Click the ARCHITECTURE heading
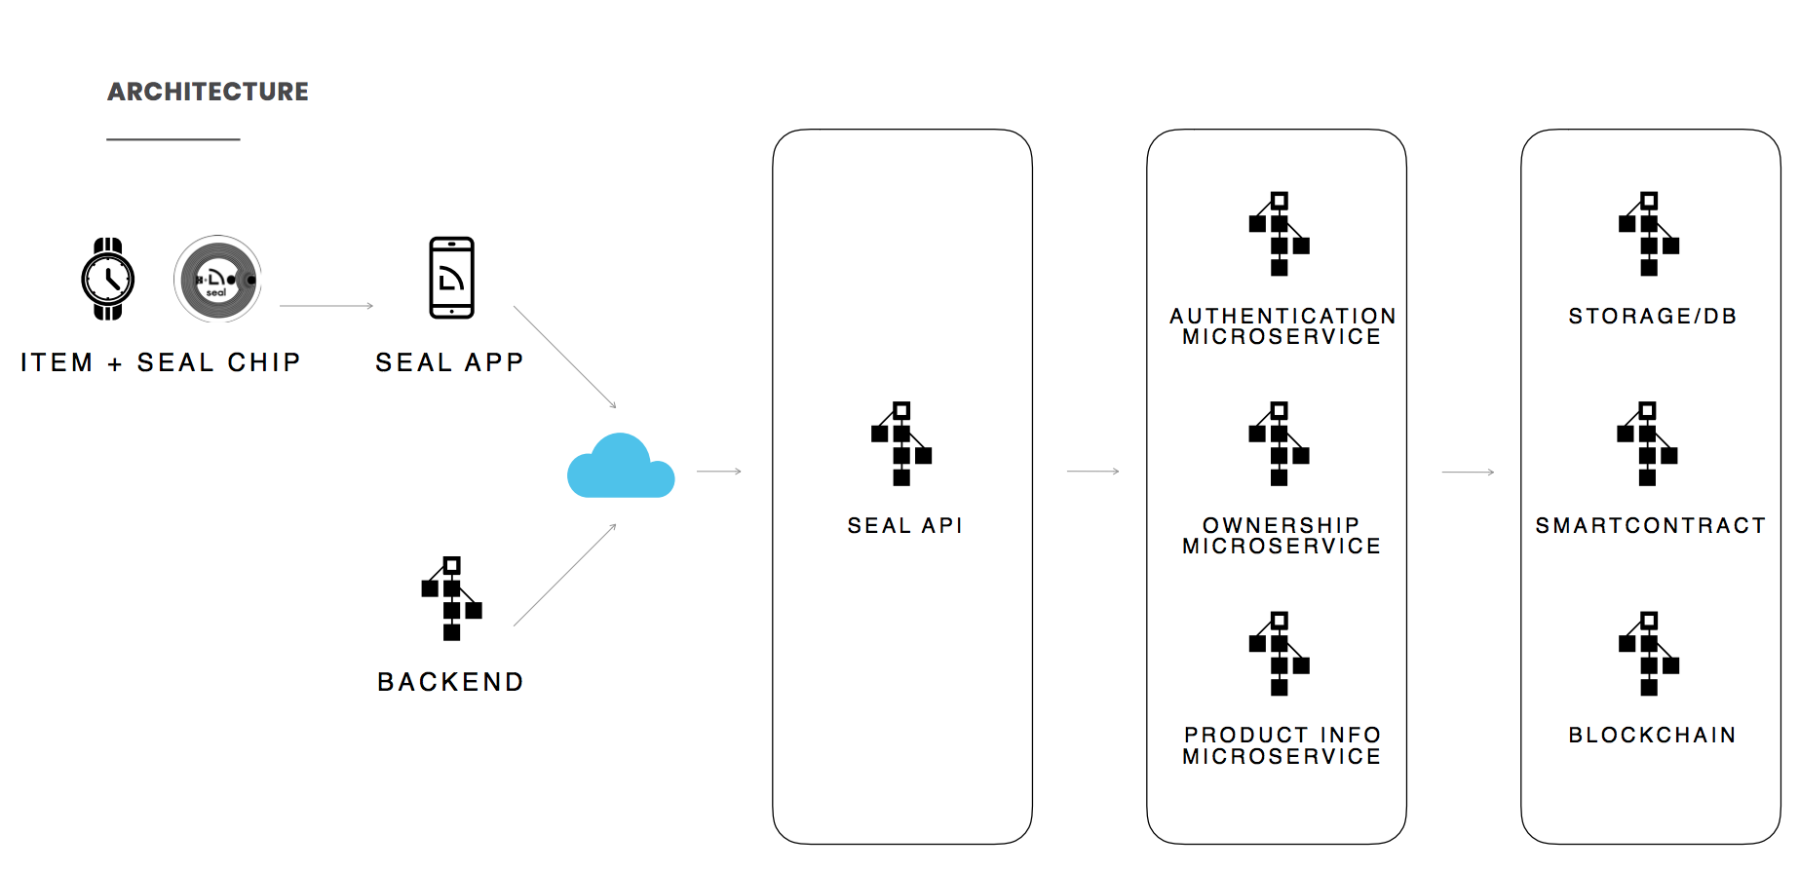[208, 92]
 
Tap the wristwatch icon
[108, 279]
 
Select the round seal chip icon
[217, 279]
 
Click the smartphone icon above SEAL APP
[451, 278]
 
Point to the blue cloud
[621, 466]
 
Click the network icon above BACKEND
[451, 598]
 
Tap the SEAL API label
[904, 526]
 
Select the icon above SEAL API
[901, 443]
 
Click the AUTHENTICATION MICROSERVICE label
[1282, 326]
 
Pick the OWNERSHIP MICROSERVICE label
[1282, 536]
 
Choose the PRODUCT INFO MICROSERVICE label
[1282, 745]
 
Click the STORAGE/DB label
[1652, 317]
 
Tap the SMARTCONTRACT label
[1650, 526]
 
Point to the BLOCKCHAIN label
[1652, 736]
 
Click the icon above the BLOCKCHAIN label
[1648, 654]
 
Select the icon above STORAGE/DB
[1648, 234]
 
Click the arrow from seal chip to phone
[326, 306]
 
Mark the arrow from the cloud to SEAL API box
[719, 472]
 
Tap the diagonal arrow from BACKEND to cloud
[565, 574]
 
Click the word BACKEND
[451, 682]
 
